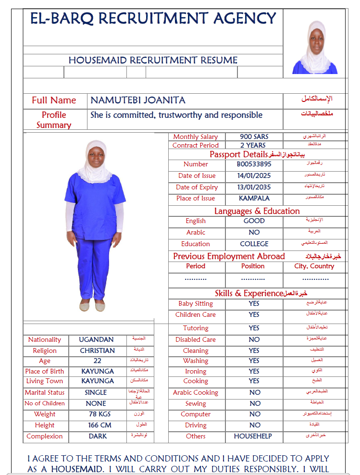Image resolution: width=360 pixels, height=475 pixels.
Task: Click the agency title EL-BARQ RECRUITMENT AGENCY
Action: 153,19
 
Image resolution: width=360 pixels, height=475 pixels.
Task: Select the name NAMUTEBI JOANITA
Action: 138,100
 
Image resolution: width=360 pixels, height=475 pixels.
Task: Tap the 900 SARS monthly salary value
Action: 254,137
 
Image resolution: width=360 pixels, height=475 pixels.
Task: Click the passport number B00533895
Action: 254,164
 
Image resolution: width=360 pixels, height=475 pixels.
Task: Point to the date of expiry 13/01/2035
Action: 254,187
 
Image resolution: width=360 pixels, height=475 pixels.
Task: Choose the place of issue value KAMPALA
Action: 254,198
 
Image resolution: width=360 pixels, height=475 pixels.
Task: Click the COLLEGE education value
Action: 254,244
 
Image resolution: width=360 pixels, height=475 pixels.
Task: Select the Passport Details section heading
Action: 238,154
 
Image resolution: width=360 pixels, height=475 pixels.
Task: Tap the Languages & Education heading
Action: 257,211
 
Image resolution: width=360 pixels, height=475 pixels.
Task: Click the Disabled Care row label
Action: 196,339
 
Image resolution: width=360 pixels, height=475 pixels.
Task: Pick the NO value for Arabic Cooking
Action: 254,392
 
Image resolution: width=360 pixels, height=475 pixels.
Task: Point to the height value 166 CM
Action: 99,425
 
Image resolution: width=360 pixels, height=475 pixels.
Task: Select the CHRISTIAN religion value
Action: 97,350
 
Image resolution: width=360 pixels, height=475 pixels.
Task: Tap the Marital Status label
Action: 45,392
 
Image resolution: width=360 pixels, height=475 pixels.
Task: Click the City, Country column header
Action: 314,266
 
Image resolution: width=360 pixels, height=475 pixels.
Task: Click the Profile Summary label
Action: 54,120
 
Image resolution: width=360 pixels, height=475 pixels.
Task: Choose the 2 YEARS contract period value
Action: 253,145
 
